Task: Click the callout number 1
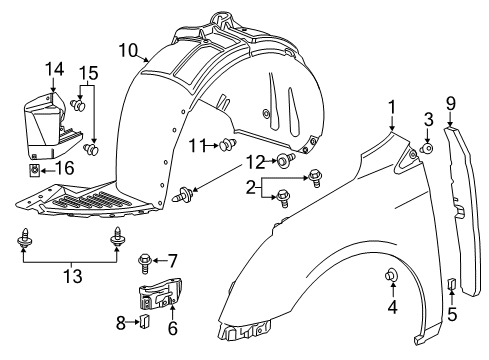[393, 106]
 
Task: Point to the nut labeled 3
[427, 150]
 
